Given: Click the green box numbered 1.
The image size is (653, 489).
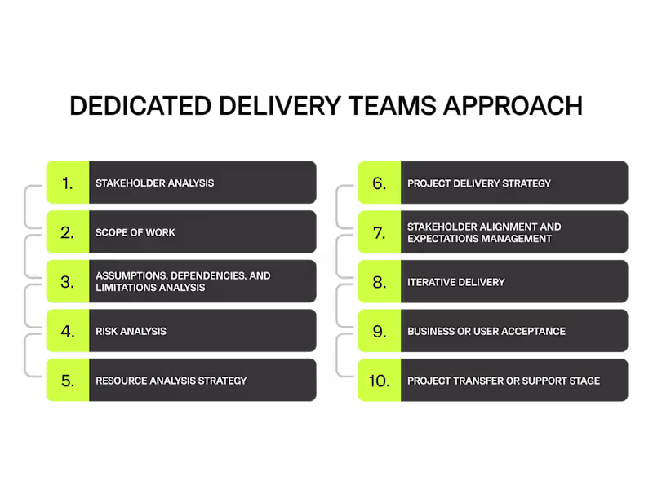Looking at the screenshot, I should click(68, 183).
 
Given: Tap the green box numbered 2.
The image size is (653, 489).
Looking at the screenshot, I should click(68, 232).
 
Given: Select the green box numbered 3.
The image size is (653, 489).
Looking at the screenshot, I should click(68, 282).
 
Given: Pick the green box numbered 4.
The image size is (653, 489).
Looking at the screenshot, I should click(68, 331).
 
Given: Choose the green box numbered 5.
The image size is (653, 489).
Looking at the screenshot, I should click(68, 381).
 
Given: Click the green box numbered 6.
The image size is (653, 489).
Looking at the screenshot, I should click(380, 183).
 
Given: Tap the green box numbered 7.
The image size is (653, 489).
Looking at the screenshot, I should click(380, 232).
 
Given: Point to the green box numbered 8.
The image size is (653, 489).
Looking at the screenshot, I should click(380, 282).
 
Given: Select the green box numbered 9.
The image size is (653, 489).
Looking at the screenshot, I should click(380, 331).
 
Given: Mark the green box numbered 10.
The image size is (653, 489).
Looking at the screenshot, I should click(380, 381).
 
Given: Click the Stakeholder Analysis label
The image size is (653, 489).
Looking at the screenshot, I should click(154, 183).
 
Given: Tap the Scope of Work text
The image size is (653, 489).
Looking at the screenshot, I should click(135, 232).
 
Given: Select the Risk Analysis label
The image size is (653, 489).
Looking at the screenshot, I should click(131, 331).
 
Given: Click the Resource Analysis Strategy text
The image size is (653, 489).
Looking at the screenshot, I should click(171, 381).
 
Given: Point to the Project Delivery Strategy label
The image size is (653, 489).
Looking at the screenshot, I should click(479, 183).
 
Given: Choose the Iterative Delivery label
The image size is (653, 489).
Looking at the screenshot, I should click(455, 282).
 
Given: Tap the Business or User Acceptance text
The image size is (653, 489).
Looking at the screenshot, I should click(486, 331).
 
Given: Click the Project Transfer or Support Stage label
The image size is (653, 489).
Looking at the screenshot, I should click(504, 381).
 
